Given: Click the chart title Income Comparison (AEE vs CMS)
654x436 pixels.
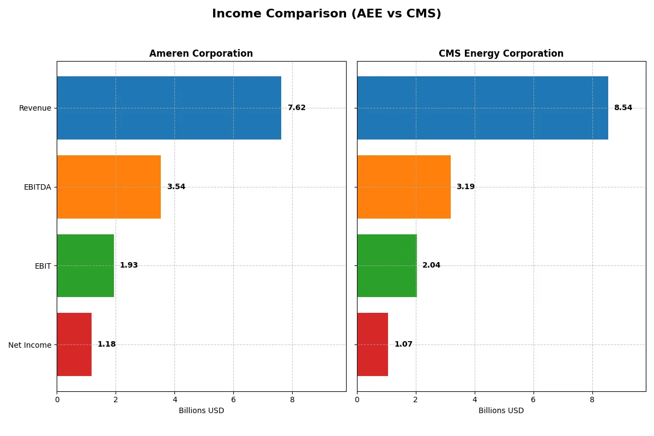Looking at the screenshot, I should pos(326,14).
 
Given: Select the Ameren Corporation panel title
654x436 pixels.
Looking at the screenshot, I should pos(201,53).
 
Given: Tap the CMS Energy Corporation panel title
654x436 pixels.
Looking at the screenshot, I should pos(501,53).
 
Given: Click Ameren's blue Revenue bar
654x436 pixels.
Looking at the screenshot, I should pos(169,108).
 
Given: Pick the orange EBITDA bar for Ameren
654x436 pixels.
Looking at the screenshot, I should pos(109,187).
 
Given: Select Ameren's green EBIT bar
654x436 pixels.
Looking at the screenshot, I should pos(85,265).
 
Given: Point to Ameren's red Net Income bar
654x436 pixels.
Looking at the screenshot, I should pos(74,344).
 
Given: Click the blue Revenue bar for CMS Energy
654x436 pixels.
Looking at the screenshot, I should pos(482,108).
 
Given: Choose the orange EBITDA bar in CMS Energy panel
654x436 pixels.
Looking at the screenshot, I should pos(404,187).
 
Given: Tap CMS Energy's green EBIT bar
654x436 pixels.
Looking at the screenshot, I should pos(387,265).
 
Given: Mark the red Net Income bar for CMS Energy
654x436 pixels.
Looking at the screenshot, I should pos(373,344).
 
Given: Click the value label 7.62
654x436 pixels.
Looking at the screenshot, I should pos(296,108).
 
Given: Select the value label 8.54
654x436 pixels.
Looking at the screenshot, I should pos(623,108).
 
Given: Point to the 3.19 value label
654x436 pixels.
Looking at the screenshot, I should pos(465,187).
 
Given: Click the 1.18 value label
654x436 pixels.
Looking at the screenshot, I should pos(106,344).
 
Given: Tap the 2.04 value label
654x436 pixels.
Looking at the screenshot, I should pos(431,265).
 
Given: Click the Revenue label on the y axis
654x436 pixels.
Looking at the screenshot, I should pos(35,108).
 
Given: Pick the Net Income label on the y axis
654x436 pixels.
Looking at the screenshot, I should pos(29,345).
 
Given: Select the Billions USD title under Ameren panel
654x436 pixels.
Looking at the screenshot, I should pos(201,410).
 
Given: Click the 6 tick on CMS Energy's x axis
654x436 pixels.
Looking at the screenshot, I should pos(534,399).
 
